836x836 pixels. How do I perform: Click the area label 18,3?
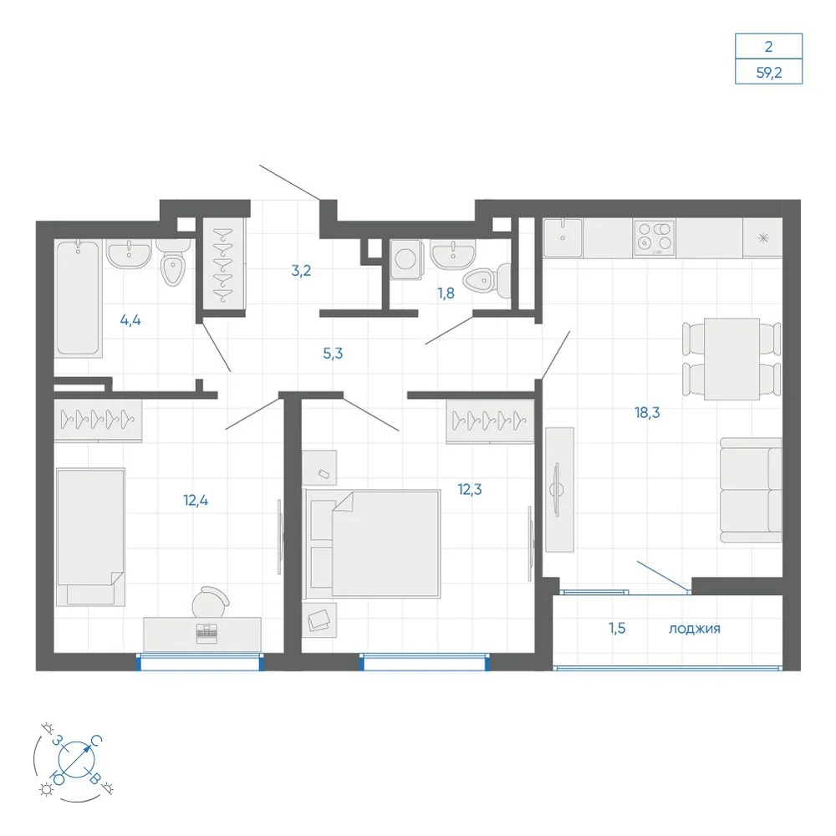coord(647,413)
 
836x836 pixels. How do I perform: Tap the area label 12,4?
coord(196,501)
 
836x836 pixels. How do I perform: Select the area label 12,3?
coord(470,489)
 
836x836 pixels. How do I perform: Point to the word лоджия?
coord(694,630)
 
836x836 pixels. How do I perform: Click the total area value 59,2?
coord(769,73)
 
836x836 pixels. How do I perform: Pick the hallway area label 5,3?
coord(333,354)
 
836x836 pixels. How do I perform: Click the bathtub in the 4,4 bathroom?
coord(79,298)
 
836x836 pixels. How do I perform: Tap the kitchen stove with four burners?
coord(655,237)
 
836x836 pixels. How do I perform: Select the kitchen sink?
coord(563,237)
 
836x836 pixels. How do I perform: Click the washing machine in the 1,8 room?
coord(405,259)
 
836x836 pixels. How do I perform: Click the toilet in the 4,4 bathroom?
coord(173,263)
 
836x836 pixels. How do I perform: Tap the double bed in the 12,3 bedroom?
coord(372,543)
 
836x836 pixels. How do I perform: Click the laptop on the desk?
coord(206,633)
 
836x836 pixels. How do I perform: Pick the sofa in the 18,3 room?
coord(751,490)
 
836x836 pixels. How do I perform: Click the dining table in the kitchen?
coord(731,359)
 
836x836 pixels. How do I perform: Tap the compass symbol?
coord(76,759)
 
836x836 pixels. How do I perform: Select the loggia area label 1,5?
coord(618,629)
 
